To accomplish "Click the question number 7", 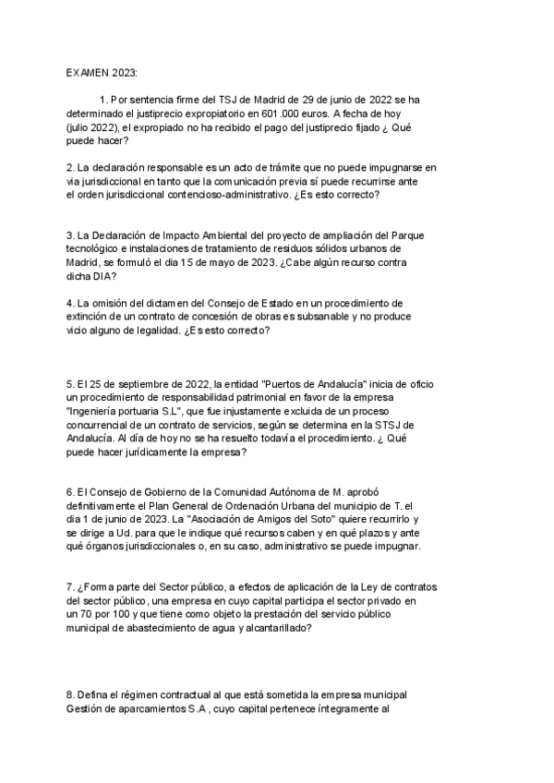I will point(70,588).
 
